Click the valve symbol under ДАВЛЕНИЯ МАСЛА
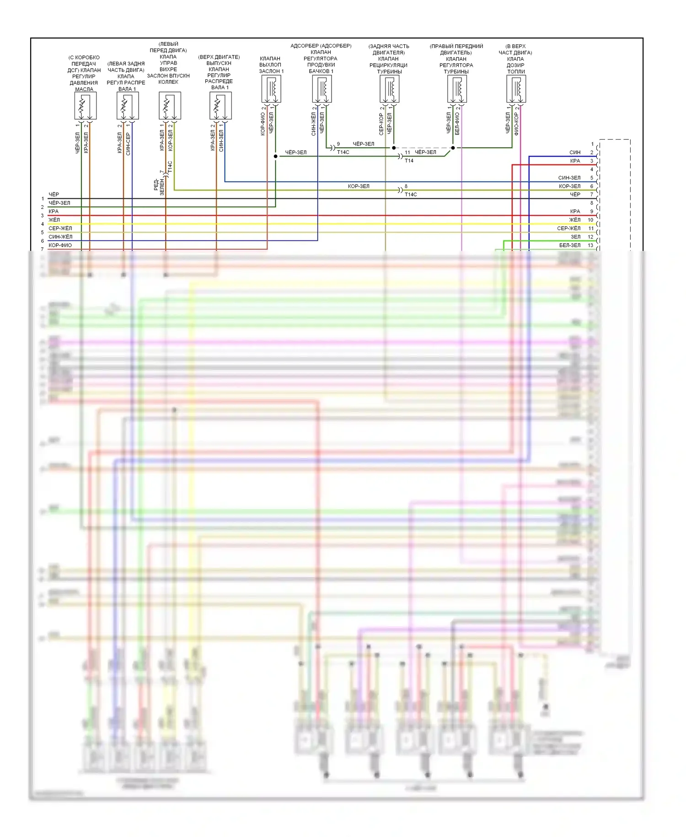pyautogui.click(x=85, y=106)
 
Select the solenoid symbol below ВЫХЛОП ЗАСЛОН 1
pyautogui.click(x=271, y=89)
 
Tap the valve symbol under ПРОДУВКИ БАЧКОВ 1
pyautogui.click(x=322, y=89)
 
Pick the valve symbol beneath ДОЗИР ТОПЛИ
pyautogui.click(x=516, y=89)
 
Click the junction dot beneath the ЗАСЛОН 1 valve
pyautogui.click(x=275, y=156)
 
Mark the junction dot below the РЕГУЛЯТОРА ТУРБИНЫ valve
pyautogui.click(x=453, y=148)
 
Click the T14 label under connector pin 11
pyautogui.click(x=409, y=161)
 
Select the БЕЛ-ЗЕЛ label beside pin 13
pyautogui.click(x=569, y=245)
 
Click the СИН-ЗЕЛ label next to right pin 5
pyautogui.click(x=569, y=178)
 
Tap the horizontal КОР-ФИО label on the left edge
pyautogui.click(x=60, y=245)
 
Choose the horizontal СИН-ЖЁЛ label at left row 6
pyautogui.click(x=60, y=237)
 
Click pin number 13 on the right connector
pyautogui.click(x=590, y=245)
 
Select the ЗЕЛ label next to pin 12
pyautogui.click(x=575, y=237)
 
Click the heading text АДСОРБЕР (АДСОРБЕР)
pyautogui.click(x=321, y=46)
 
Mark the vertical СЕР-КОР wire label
pyautogui.click(x=381, y=124)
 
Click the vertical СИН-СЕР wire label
pyautogui.click(x=128, y=144)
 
